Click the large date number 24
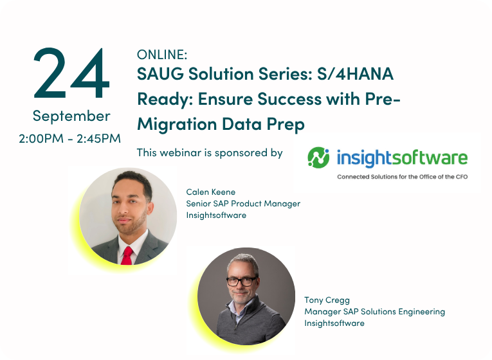pos(71,73)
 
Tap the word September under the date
pos(71,116)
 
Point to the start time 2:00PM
pos(41,138)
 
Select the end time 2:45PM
pos(98,138)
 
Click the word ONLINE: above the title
pos(162,55)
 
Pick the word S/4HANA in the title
pos(355,74)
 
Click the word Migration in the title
pos(177,124)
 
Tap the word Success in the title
pos(289,99)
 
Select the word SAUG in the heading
pos(160,74)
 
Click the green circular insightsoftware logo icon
pos(318,157)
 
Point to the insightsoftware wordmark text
pos(402,157)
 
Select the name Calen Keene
pos(210,192)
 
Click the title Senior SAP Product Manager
pos(243,204)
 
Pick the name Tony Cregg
pos(327,300)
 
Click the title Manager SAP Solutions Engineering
pos(375,312)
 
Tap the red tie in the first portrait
pos(127,256)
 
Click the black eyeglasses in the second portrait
pos(241,282)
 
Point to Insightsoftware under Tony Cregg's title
pos(334,323)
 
